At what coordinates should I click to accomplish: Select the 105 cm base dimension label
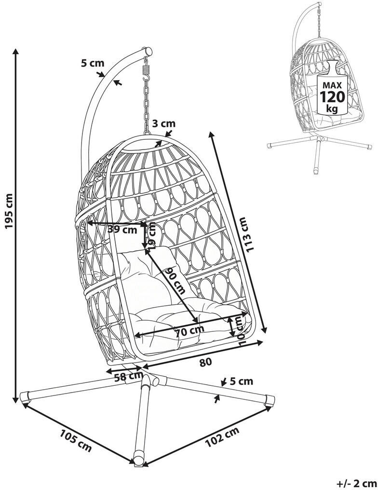click(x=75, y=441)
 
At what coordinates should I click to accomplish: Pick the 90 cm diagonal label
click(x=176, y=280)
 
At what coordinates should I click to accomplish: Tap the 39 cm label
click(x=123, y=230)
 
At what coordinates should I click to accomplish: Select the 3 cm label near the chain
click(x=164, y=123)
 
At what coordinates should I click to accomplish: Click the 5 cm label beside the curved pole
click(x=93, y=63)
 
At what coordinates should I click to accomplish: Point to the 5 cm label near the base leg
click(x=242, y=381)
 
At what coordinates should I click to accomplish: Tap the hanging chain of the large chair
click(x=146, y=103)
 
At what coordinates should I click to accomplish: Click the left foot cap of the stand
click(x=25, y=397)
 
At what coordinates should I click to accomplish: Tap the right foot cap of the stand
click(x=270, y=400)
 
